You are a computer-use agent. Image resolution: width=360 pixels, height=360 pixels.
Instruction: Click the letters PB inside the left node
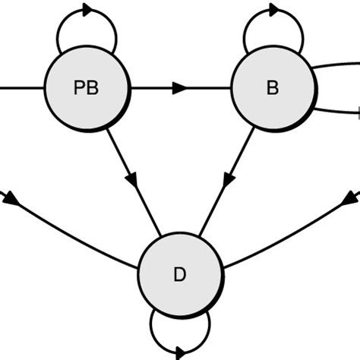87,88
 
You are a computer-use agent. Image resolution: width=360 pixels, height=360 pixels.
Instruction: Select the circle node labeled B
272,88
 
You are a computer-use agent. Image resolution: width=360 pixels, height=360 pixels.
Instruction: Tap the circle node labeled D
180,274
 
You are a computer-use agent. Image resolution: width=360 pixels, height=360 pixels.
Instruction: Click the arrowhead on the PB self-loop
86,11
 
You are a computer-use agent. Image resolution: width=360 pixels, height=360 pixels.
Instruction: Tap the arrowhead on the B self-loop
272,11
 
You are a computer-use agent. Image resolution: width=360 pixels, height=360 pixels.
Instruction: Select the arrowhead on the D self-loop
179,352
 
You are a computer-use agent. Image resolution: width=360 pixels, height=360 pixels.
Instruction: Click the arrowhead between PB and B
179,88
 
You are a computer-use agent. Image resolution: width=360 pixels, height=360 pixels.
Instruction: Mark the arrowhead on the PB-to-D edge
131,180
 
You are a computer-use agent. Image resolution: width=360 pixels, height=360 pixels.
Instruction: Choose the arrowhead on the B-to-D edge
228,180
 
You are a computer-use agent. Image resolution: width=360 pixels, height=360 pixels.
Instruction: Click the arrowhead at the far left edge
11,199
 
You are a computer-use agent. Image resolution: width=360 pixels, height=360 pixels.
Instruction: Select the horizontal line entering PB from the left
23,88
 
